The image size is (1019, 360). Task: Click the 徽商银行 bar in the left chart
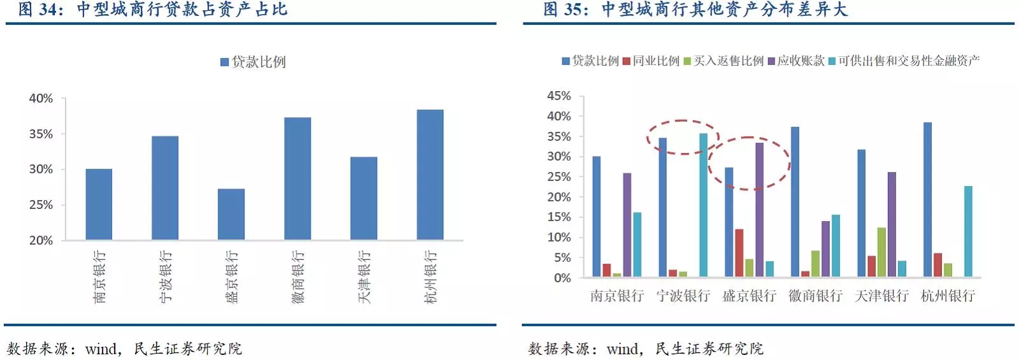click(297, 178)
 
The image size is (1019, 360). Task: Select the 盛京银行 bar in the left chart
click(231, 214)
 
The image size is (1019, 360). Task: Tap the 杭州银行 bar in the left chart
click(430, 175)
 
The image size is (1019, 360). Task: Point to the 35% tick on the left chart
click(41, 134)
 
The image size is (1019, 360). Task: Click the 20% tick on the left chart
click(41, 240)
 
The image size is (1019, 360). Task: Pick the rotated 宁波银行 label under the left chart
click(166, 277)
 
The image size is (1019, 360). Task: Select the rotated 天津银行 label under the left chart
click(364, 277)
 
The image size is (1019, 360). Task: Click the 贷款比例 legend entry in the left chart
click(253, 62)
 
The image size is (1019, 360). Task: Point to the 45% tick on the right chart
click(559, 96)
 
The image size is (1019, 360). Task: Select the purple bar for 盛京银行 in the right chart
click(759, 210)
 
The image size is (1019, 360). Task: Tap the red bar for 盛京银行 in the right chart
click(739, 253)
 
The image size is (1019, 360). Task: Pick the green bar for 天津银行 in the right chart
click(881, 252)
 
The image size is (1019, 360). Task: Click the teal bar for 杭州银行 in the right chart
click(968, 231)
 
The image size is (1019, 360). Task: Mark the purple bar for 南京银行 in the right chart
click(627, 225)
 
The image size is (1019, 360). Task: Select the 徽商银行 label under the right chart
click(815, 296)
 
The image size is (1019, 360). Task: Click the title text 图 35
click(565, 10)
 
